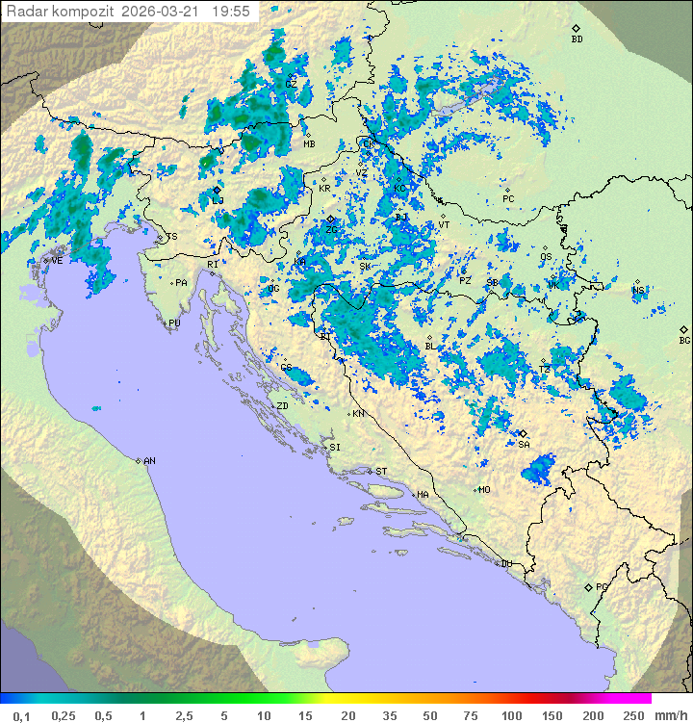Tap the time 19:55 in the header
pyautogui.click(x=231, y=12)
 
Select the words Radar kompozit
pyautogui.click(x=61, y=12)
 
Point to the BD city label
pyautogui.click(x=577, y=39)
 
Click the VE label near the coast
pyautogui.click(x=57, y=261)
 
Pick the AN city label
pyautogui.click(x=150, y=461)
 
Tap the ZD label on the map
pyautogui.click(x=282, y=406)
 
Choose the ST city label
pyautogui.click(x=381, y=472)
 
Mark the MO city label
pyautogui.click(x=485, y=489)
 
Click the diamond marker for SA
pyautogui.click(x=523, y=434)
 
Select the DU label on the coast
pyautogui.click(x=506, y=564)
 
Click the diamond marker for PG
pyautogui.click(x=588, y=586)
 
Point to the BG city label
pyautogui.click(x=685, y=340)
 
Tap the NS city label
pyautogui.click(x=639, y=290)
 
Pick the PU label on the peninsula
pyautogui.click(x=175, y=323)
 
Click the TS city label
pyautogui.click(x=172, y=237)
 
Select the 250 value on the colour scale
pyautogui.click(x=633, y=715)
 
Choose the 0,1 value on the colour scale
pyautogui.click(x=21, y=715)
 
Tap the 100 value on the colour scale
pyautogui.click(x=512, y=715)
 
